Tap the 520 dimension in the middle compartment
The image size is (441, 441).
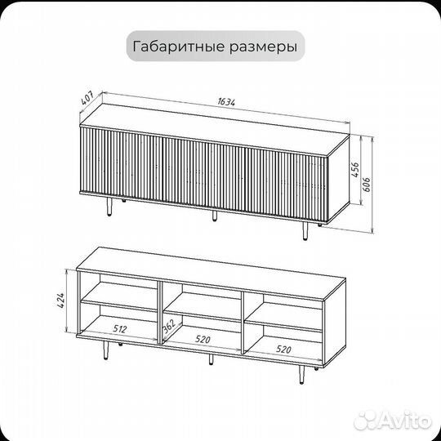point(202,337)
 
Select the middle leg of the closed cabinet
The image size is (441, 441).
point(214,217)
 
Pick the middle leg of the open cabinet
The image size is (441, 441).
point(210,359)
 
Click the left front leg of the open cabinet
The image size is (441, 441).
point(106,350)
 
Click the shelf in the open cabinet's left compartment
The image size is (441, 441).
point(121,304)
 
